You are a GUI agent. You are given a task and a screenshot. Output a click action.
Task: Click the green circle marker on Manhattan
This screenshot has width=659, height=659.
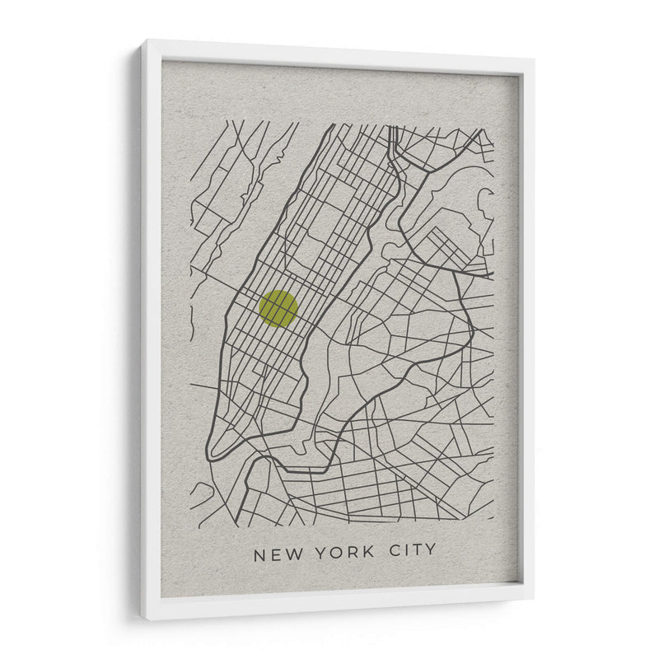pyautogui.click(x=278, y=309)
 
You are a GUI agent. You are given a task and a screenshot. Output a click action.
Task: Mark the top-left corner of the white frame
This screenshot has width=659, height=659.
pyautogui.click(x=141, y=40)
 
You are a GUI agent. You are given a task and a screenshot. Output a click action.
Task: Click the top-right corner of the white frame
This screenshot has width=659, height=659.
pyautogui.click(x=534, y=58)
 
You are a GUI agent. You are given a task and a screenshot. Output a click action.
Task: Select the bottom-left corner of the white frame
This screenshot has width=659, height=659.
pyautogui.click(x=141, y=619)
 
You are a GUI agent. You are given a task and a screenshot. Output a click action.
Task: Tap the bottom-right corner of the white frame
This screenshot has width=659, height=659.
pyautogui.click(x=533, y=600)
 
